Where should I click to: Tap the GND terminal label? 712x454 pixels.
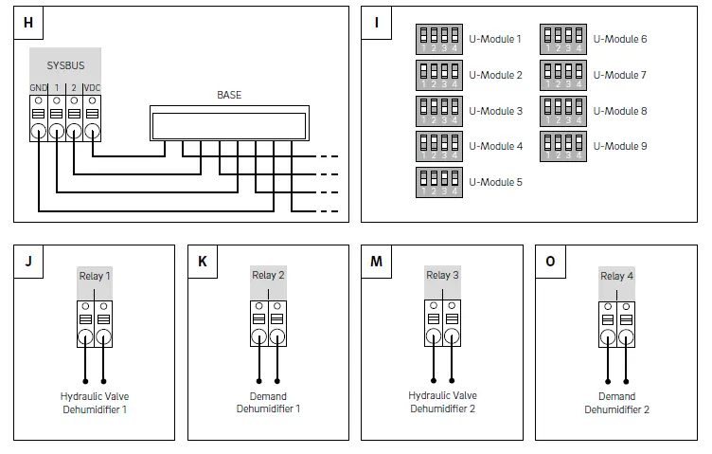point(38,89)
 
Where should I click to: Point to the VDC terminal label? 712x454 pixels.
point(92,89)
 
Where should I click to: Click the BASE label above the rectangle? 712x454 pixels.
point(228,95)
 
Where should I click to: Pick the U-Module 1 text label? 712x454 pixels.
point(495,40)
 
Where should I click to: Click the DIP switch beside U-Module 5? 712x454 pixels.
point(438,181)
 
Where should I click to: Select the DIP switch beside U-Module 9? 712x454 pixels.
point(562,146)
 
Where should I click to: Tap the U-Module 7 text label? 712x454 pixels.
point(620,75)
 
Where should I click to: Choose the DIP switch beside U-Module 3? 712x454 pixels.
point(438,111)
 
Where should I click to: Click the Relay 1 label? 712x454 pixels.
point(95,276)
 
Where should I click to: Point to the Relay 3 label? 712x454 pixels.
point(443,276)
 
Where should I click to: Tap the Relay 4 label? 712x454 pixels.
point(617,276)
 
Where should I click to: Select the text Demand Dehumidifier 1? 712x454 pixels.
point(269,403)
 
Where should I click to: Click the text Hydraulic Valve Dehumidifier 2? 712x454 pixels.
point(442,402)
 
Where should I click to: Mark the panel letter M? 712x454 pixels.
point(377,262)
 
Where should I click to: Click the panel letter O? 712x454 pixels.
point(551,262)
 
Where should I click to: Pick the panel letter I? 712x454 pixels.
point(377,23)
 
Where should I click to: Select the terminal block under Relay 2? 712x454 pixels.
point(269,324)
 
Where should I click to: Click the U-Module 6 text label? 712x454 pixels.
point(620,40)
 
